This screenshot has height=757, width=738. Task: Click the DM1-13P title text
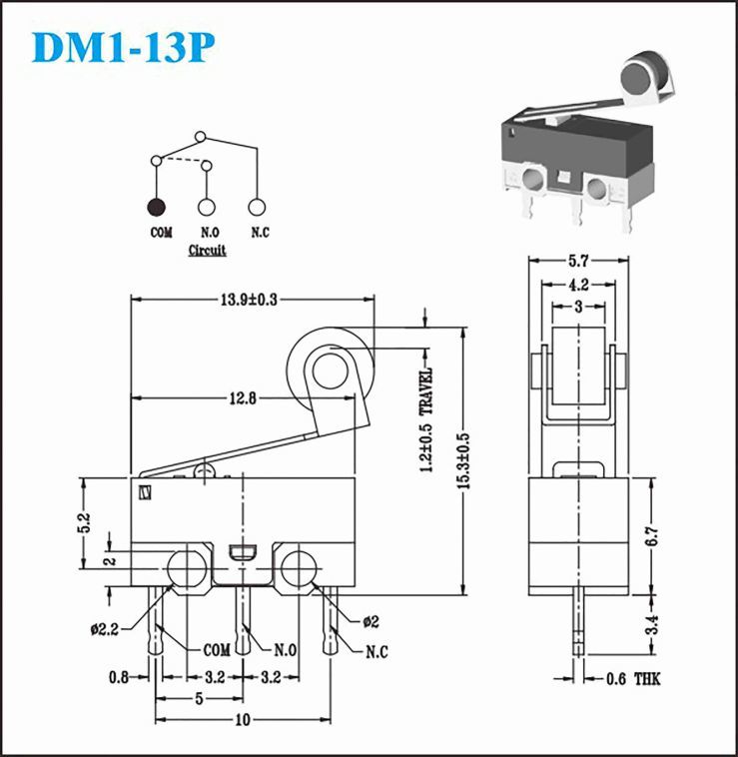pos(122,46)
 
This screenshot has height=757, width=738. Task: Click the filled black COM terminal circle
pos(157,207)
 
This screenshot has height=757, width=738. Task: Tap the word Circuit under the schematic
pos(207,250)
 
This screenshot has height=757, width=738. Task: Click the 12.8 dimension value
pos(239,398)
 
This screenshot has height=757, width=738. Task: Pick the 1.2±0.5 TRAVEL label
pos(426,419)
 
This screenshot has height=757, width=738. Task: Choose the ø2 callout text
pos(369,622)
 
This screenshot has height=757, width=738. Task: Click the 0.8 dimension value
pos(119,678)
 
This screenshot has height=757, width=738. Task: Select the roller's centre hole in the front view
pos(327,372)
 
